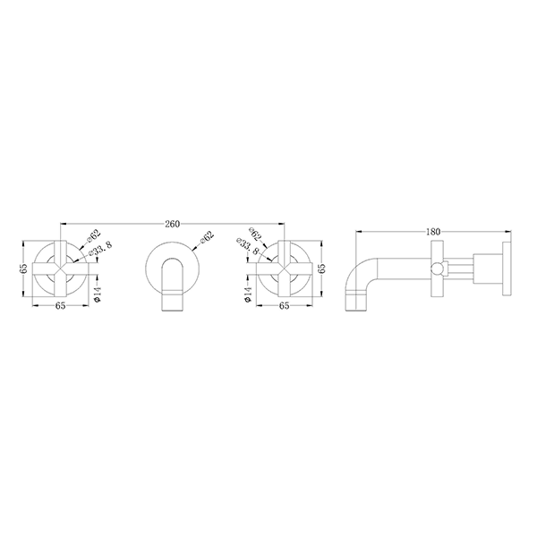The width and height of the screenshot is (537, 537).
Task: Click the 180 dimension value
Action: pos(433,231)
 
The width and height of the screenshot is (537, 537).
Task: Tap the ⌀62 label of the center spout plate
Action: pos(207,236)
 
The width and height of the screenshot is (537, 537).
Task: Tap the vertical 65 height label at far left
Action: pos(24,267)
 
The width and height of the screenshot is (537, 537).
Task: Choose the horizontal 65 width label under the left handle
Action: pos(60,306)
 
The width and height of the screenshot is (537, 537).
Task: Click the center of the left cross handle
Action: pos(59,267)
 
